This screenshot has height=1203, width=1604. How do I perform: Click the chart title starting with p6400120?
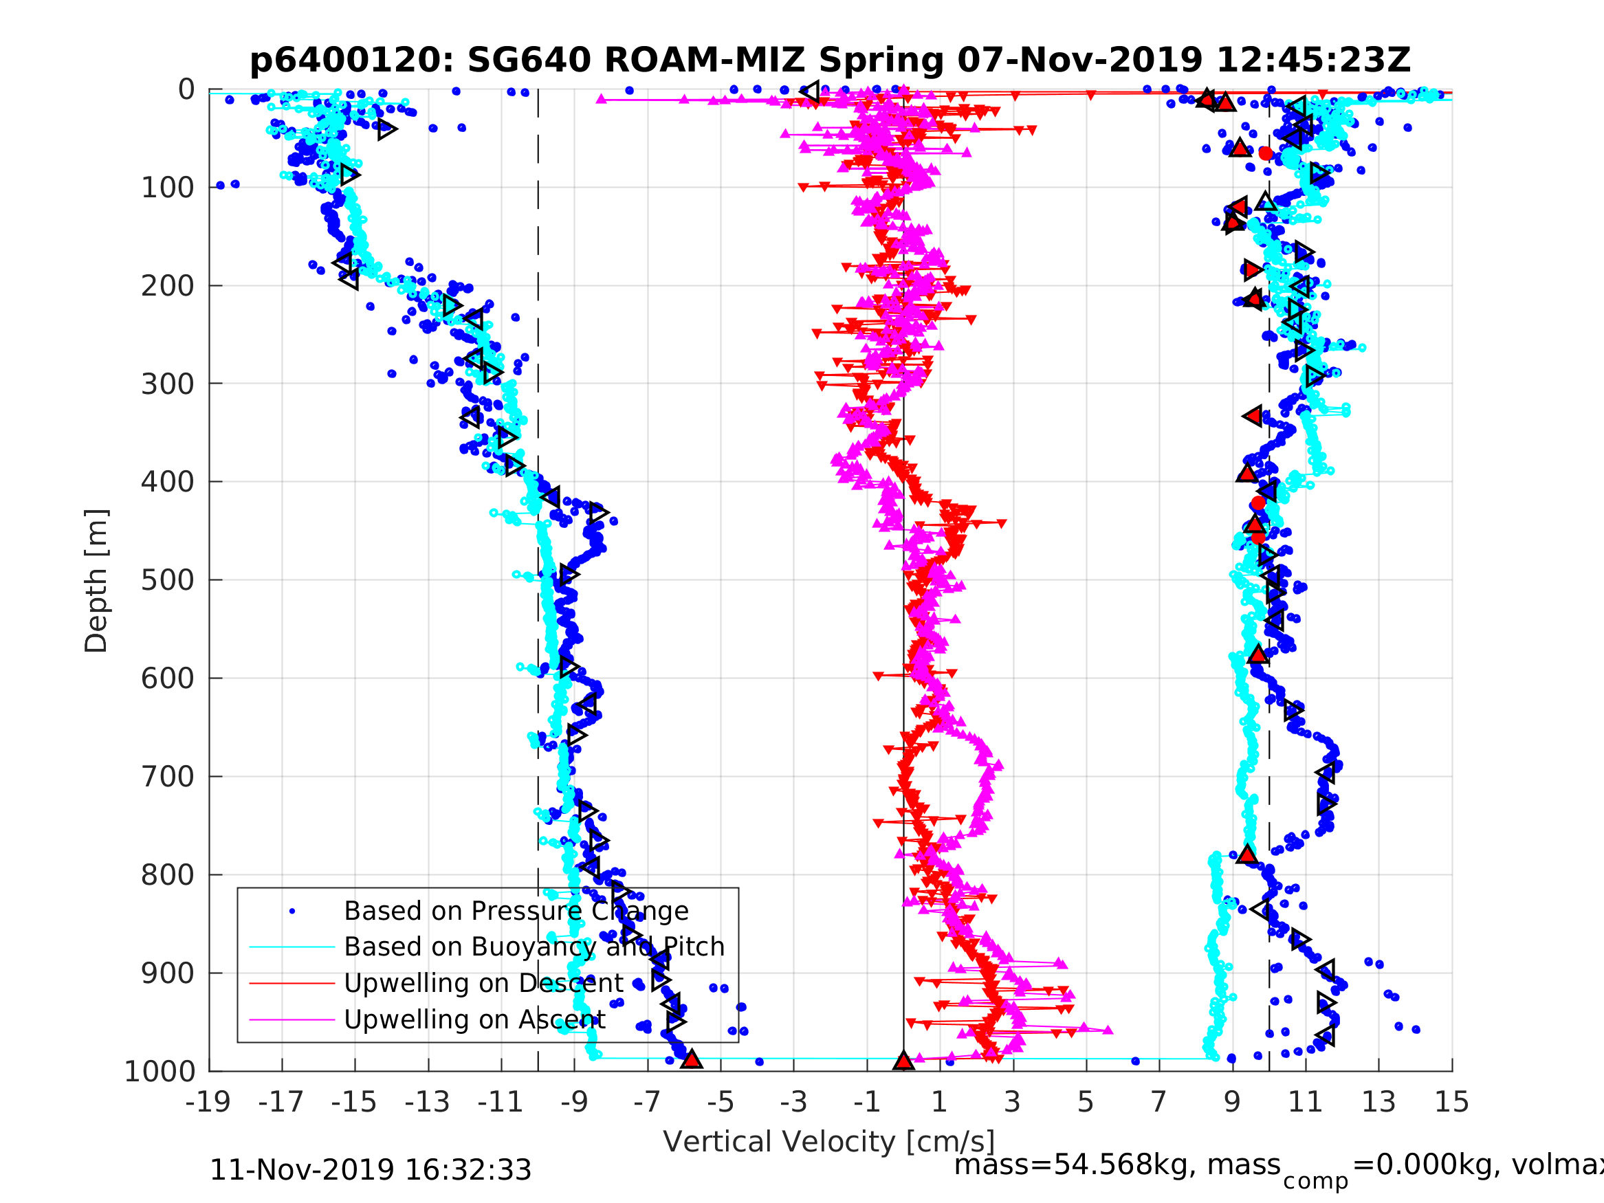830,60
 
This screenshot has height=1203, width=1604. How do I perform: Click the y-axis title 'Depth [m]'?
96,581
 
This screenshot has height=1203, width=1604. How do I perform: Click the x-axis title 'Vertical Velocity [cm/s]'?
829,1141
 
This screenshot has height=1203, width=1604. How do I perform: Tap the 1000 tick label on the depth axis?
160,1072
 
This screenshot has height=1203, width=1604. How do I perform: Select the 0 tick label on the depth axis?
186,90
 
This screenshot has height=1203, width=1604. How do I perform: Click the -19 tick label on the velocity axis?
208,1102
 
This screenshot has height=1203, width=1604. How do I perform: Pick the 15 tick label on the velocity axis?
1452,1102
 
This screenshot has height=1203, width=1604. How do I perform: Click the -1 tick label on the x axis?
866,1102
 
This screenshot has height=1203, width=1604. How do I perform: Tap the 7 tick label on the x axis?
1158,1102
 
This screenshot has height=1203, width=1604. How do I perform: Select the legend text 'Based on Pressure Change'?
516,911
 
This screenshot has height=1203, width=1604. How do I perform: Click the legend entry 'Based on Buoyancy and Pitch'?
534,947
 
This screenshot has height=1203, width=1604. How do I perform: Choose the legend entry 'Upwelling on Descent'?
483,982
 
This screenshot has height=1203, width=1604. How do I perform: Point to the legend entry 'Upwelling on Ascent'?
474,1019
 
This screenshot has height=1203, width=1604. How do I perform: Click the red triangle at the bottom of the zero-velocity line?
903,1060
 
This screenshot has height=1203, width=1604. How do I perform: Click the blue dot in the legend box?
292,911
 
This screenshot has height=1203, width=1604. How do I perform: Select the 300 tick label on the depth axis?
168,384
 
